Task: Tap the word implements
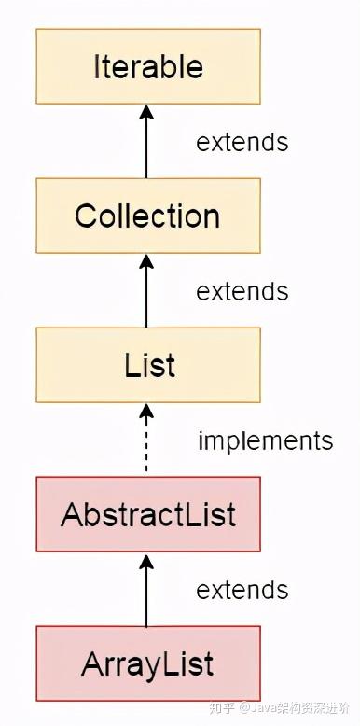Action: (x=265, y=440)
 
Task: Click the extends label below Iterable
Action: (x=242, y=142)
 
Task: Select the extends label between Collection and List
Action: (x=242, y=291)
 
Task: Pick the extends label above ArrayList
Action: (x=242, y=590)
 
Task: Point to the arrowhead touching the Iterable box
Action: (x=146, y=112)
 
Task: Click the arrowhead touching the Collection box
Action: (x=146, y=261)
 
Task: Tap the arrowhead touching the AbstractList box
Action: (x=146, y=560)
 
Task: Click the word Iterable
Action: (x=147, y=66)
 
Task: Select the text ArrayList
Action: (x=147, y=663)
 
